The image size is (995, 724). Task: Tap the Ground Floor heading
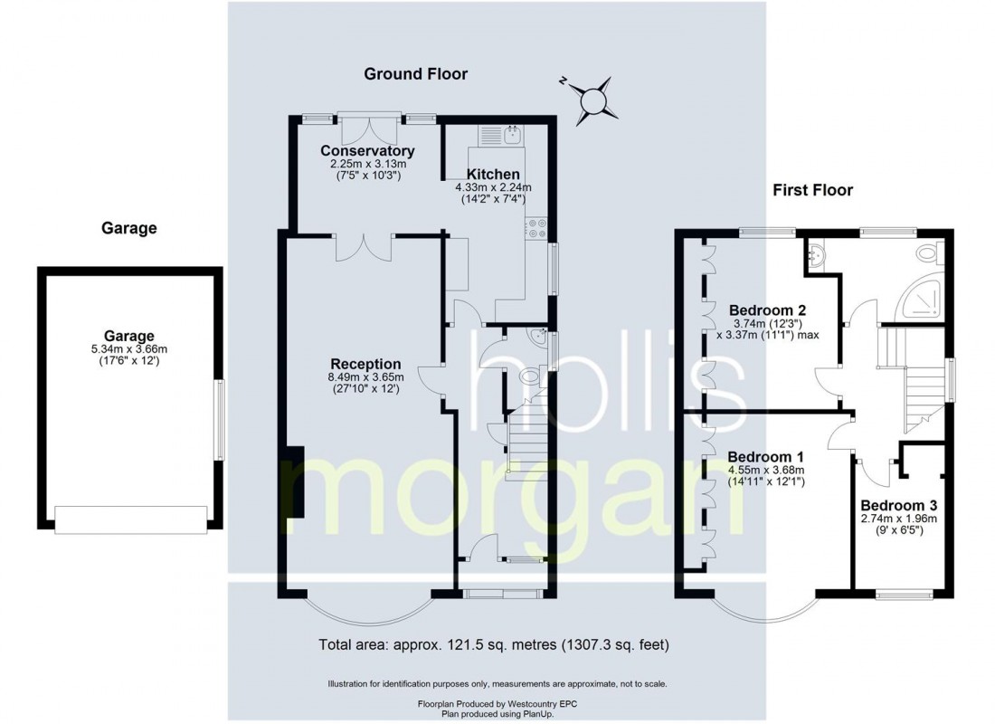[x=416, y=73]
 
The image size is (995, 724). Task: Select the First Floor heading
[x=812, y=190]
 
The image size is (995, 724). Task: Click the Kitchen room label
[x=493, y=174]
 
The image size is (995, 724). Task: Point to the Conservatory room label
[x=367, y=150]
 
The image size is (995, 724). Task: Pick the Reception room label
[x=365, y=364]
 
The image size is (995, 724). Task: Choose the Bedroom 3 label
[x=898, y=506]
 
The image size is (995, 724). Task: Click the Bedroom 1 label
[x=765, y=457]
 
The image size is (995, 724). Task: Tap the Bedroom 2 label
[x=767, y=310]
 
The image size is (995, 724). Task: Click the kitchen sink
[x=500, y=135]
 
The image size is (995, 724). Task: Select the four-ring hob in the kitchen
[x=536, y=229]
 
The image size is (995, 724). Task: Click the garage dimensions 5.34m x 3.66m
[x=128, y=349]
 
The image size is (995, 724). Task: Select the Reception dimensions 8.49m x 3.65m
[x=365, y=377]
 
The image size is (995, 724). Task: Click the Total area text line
[x=494, y=645]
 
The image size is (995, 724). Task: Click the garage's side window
[x=219, y=420]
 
